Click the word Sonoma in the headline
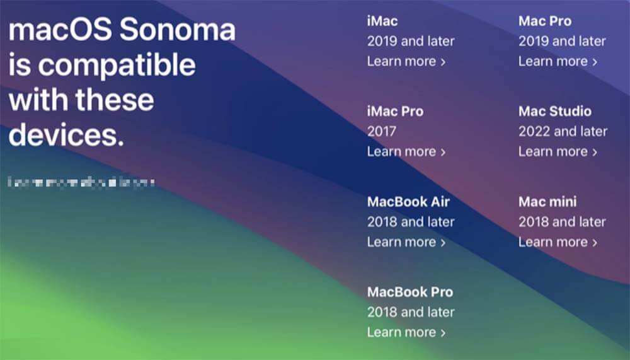178,30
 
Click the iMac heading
382,21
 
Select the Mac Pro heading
545,21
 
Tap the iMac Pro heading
395,112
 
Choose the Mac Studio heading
555,112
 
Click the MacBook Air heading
408,202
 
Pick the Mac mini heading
547,202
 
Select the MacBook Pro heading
410,292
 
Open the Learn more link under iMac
406,61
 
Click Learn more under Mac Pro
558,61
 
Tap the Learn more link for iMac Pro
406,151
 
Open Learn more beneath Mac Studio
558,151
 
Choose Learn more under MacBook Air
406,242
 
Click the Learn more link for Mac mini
558,242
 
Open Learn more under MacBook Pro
406,332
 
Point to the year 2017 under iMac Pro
382,131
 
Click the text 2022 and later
563,131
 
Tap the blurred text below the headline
81,183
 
